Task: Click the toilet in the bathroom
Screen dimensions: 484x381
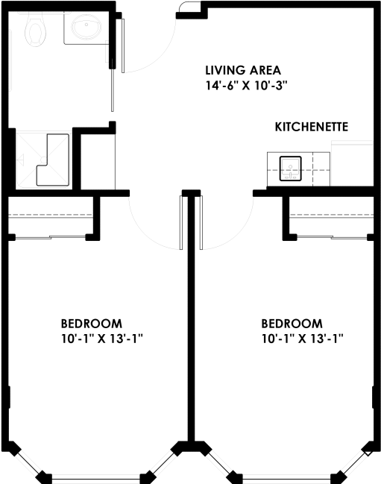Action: tap(35, 30)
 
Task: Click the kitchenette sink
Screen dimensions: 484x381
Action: tap(289, 167)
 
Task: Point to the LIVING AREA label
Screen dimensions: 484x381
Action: tap(243, 71)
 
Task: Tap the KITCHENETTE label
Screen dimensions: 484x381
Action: tap(312, 127)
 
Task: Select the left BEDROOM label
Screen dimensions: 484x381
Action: tap(91, 324)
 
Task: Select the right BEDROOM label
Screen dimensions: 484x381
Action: tap(292, 324)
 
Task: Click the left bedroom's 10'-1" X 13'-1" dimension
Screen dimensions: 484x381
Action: tap(101, 339)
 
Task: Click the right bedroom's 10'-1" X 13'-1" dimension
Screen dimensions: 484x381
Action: tap(302, 339)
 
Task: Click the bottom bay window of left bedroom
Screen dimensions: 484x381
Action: tap(97, 477)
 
